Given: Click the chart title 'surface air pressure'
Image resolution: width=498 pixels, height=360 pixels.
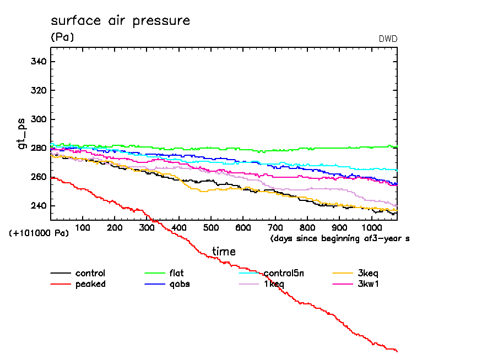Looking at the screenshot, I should click(120, 21).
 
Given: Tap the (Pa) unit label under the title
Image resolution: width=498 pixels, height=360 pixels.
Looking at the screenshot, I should click(62, 37).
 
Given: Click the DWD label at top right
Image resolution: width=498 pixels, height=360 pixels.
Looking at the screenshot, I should click(388, 39).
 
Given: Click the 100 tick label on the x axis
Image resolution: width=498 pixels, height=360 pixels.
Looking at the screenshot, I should click(83, 228).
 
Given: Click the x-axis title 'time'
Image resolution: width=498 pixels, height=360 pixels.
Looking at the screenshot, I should click(224, 252).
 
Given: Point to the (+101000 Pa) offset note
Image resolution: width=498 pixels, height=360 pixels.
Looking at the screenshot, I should click(39, 233).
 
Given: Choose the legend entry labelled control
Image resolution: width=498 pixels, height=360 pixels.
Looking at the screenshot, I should click(90, 273).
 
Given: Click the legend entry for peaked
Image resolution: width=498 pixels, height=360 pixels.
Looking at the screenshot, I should click(90, 284).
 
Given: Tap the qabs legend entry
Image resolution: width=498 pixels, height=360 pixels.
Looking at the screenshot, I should click(179, 284).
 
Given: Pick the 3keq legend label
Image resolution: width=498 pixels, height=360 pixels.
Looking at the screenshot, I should click(368, 273).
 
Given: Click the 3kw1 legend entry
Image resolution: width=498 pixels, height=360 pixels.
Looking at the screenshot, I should click(368, 284).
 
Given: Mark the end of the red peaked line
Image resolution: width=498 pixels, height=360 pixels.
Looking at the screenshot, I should click(397, 351).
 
